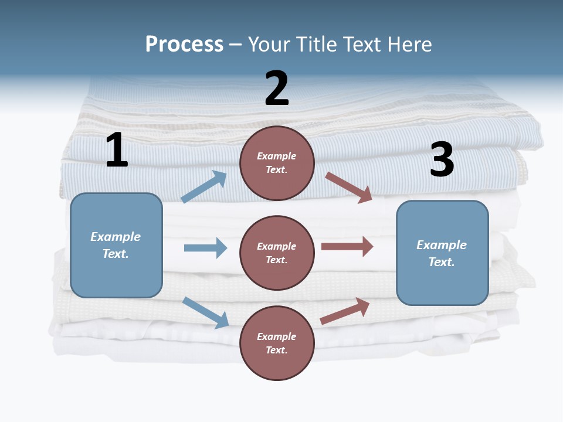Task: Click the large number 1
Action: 117,151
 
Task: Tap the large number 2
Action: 277,89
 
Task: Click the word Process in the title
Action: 184,44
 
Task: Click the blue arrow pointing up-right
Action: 204,186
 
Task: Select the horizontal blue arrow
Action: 205,248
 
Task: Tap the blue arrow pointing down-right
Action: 205,312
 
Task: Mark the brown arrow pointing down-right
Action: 349,187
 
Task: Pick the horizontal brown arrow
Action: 347,246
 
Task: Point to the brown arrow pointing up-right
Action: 345,311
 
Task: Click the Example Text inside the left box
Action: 116,245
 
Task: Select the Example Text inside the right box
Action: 442,253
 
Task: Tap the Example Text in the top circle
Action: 277,162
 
